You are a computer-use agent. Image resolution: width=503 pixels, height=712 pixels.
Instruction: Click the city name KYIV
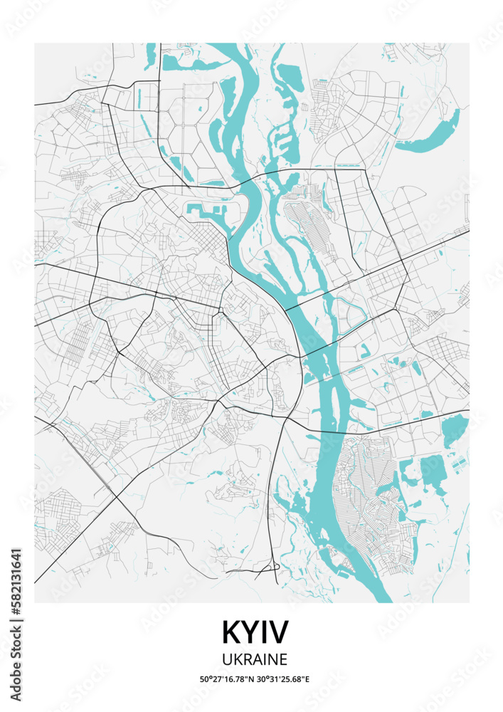coord(255,632)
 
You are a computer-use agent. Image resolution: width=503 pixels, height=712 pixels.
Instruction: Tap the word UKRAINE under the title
coord(255,659)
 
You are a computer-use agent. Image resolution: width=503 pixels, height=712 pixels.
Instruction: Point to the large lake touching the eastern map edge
coord(455,430)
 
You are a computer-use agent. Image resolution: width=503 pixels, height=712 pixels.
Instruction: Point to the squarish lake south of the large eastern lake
coord(431,471)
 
